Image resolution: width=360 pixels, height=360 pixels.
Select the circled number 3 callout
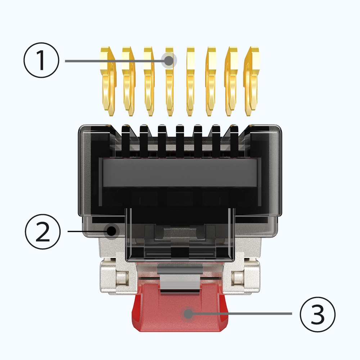[318, 314]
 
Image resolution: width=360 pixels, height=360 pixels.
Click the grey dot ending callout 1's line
[169, 60]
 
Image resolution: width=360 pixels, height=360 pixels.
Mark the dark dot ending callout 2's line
[112, 231]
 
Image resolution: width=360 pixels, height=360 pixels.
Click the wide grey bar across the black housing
[180, 173]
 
